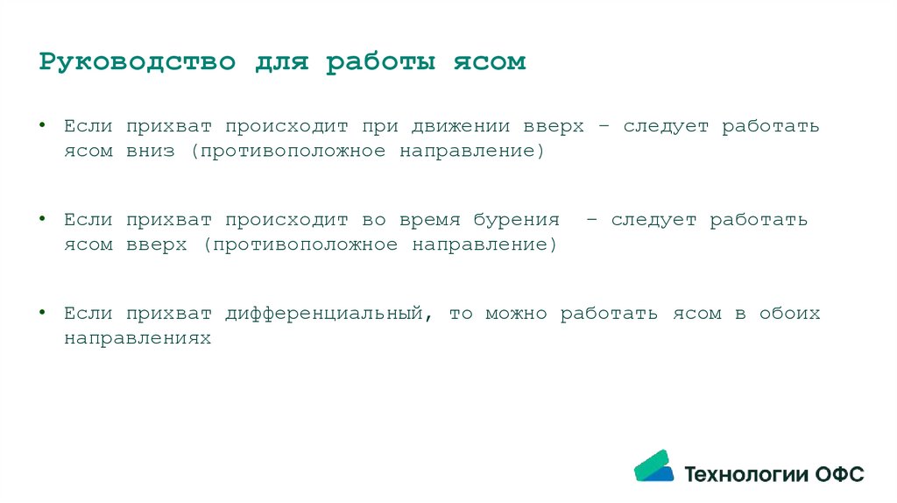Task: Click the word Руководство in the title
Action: coord(138,63)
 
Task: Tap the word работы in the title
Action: coord(380,63)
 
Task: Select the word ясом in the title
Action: coord(489,63)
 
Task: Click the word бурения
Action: coord(517,220)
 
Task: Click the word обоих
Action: coord(790,314)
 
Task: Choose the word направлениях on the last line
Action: coord(138,337)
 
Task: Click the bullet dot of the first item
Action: coord(43,124)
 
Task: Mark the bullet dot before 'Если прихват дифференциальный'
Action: coord(43,312)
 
